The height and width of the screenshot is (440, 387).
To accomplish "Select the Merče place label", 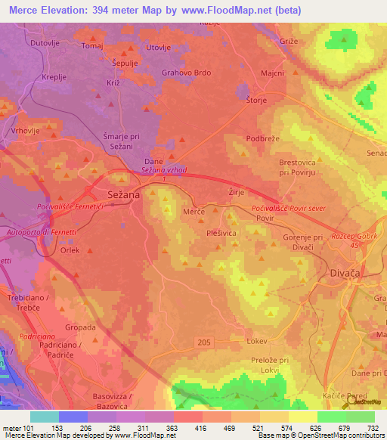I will (194, 214).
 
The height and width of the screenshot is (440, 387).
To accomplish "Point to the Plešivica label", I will (224, 234).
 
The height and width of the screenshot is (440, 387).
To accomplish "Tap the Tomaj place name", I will (91, 46).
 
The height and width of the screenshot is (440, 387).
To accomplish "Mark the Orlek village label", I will (70, 251).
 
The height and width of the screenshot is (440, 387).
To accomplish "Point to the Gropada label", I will (81, 327).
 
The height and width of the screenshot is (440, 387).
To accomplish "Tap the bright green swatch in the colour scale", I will (331, 417).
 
